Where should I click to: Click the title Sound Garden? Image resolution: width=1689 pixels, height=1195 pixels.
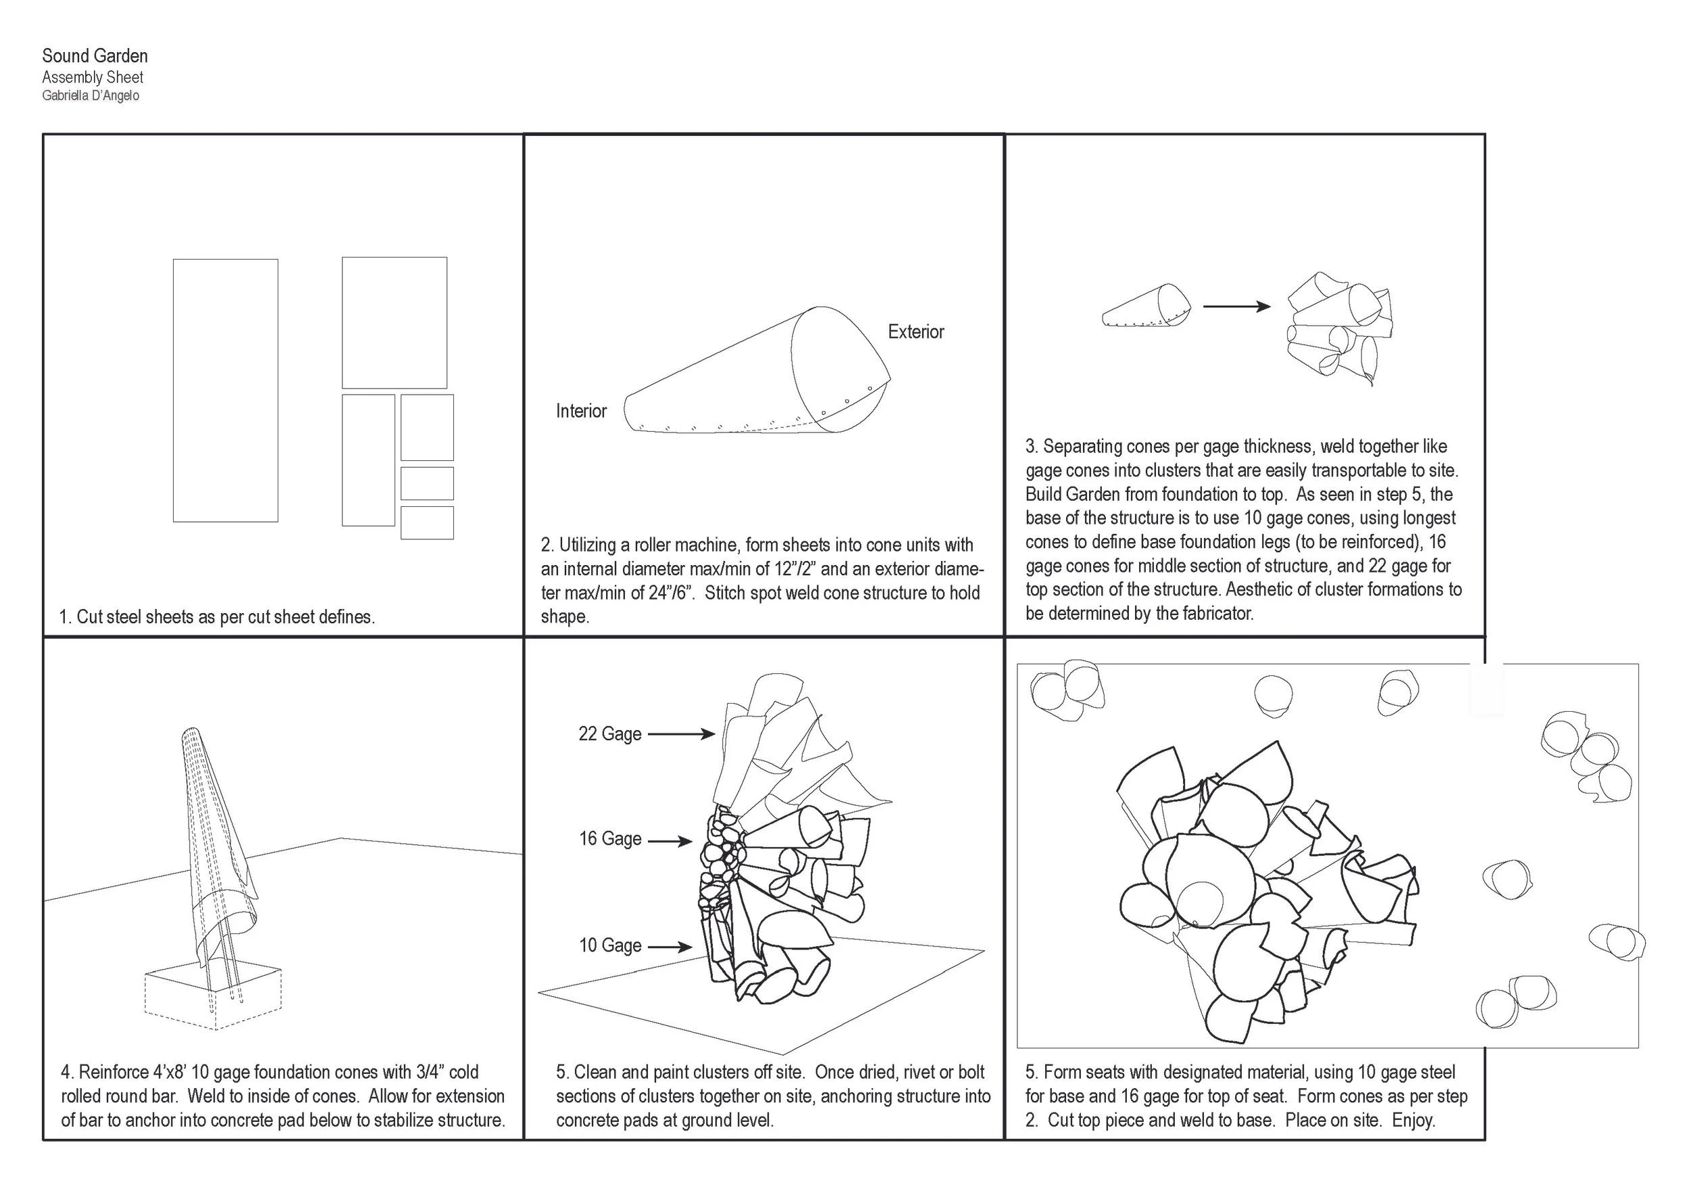95,56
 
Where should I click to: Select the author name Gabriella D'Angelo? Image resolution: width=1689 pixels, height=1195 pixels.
91,96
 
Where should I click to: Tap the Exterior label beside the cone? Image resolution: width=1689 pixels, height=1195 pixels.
916,332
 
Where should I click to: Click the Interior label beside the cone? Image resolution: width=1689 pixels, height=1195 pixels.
581,412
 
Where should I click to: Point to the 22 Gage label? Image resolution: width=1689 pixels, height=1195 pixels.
610,733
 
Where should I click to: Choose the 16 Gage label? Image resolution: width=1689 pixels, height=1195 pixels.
610,839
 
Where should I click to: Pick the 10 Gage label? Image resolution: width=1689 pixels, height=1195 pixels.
610,946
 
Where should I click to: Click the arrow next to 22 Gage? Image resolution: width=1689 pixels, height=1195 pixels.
681,733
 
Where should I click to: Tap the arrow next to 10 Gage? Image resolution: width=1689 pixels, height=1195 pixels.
670,947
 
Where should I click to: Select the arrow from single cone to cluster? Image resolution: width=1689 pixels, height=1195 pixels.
1236,307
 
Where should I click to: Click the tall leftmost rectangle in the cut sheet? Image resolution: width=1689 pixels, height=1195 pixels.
225,390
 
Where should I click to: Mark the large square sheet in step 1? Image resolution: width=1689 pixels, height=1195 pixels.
395,322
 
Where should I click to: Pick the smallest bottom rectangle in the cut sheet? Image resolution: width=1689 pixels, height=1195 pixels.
427,523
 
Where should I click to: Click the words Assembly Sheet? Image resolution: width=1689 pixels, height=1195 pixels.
93,77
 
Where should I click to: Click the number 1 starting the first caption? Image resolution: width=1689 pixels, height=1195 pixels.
64,617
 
